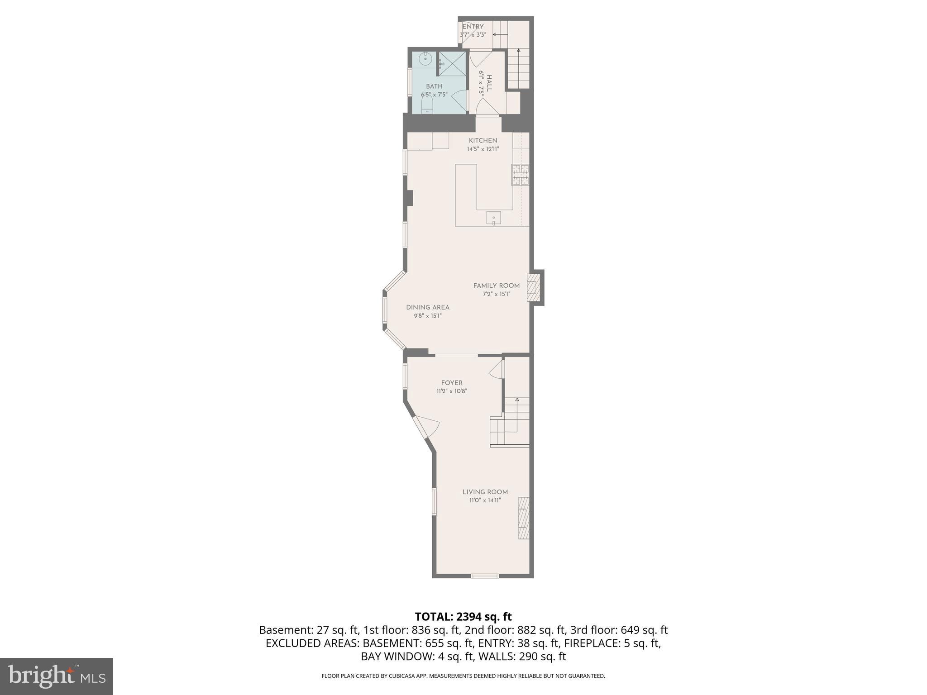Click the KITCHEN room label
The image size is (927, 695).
coord(483,141)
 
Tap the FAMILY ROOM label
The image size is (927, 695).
coord(496,286)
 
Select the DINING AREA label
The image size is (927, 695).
coord(427,308)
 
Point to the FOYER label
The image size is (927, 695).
coord(452,383)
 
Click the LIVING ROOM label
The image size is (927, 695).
coord(485,492)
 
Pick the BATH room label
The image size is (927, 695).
coord(434,86)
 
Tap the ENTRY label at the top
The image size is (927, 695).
coord(473,27)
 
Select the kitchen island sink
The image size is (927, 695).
coord(493,218)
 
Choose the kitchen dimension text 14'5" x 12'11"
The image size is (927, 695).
coord(483,149)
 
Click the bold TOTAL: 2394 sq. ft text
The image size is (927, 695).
coord(463,617)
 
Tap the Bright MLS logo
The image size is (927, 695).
coord(57,676)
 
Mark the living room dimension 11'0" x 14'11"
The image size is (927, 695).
coord(485,500)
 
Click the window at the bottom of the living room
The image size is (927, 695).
coord(485,576)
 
